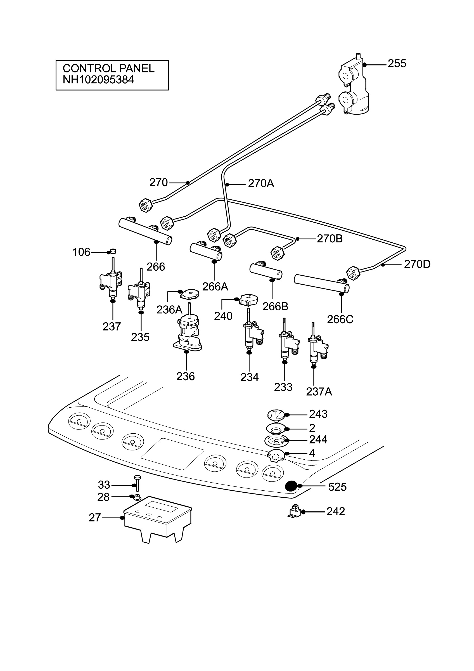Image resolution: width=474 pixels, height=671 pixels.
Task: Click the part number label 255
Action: click(397, 64)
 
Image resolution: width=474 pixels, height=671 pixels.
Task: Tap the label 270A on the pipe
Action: click(261, 183)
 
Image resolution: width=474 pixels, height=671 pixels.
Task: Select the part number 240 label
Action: click(223, 316)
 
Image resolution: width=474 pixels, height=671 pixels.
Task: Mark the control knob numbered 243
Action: click(276, 415)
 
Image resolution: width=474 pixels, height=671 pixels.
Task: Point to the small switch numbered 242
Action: click(295, 511)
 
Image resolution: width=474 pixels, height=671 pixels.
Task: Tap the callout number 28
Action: click(103, 497)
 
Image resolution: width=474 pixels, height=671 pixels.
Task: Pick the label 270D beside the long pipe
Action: click(417, 264)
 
